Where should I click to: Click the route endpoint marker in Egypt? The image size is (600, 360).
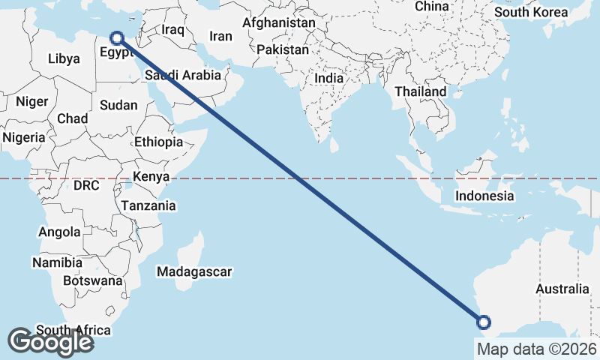pos(117,37)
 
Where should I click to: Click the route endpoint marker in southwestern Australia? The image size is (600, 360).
pos(484,323)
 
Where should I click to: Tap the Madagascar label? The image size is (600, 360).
pos(194,271)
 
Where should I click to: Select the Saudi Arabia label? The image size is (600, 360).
pos(183,75)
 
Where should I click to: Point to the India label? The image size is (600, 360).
pos(329,78)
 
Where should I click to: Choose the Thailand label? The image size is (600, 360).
pos(421,91)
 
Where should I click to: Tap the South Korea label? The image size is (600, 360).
pos(532,12)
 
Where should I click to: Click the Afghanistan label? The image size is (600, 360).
pos(278,22)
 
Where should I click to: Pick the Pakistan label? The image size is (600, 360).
pos(282,49)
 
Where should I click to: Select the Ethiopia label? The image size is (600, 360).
pos(159,142)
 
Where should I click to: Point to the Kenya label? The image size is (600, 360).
pos(151,177)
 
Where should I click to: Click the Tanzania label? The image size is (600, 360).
pos(148,205)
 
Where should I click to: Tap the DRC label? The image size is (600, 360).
pos(86,184)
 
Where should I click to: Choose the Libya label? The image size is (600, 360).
pos(63,58)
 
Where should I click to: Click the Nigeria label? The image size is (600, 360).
pos(23,138)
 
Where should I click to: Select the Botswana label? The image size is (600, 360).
pos(92,280)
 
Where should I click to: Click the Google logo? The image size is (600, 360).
pos(50,342)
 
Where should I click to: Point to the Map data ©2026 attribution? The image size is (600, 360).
pos(536,349)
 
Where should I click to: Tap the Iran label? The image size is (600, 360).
pos(220,36)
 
